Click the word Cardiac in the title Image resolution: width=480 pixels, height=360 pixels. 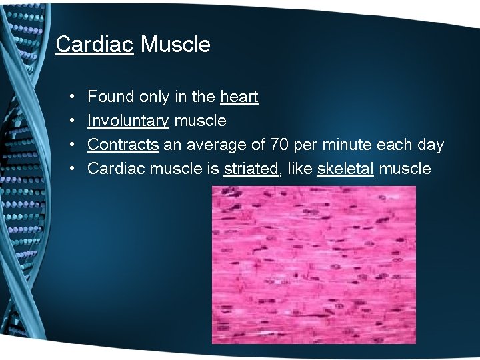point(94,45)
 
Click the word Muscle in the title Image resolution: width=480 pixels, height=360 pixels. point(175,45)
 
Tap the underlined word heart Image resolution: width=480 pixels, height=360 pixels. point(239,97)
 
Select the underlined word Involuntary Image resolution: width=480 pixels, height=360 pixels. point(128,121)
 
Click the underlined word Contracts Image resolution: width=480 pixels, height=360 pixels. point(123,145)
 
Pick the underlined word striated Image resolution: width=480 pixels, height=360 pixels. point(251,169)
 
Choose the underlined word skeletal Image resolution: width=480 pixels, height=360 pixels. point(345,169)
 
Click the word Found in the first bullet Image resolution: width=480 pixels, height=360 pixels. point(111,97)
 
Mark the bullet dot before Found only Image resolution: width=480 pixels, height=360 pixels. point(71,97)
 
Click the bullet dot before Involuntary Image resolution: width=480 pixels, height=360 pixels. point(71,121)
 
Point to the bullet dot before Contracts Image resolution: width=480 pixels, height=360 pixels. point(71,145)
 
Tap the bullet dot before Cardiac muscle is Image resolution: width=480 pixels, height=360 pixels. point(71,169)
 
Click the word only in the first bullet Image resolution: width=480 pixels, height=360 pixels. point(153,97)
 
